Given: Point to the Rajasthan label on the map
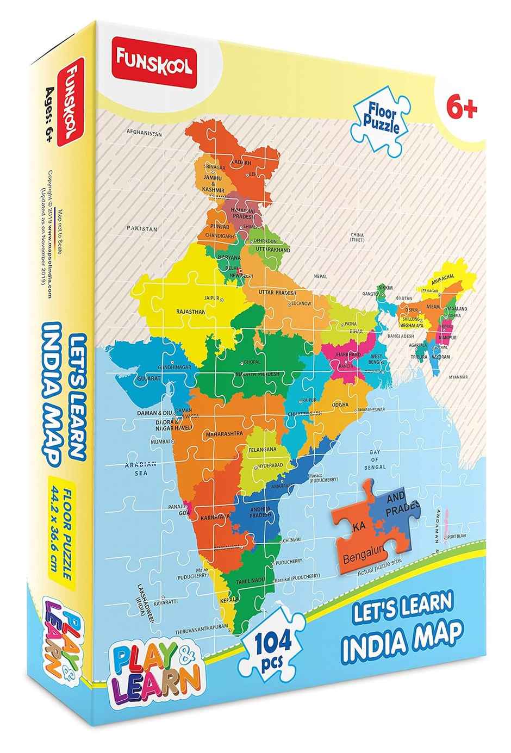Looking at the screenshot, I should coord(191,312).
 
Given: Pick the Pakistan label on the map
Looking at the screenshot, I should coord(142,229).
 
